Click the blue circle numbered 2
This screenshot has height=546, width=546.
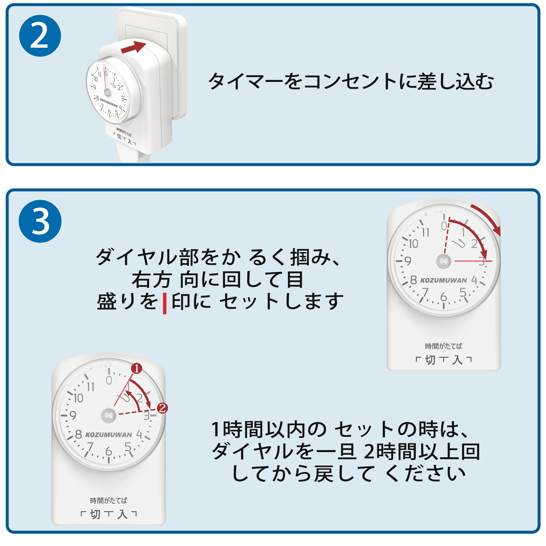[40, 36]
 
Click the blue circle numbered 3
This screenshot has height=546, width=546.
[40, 221]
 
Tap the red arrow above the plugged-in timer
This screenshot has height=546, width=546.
[133, 47]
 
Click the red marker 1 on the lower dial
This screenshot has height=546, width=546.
[137, 369]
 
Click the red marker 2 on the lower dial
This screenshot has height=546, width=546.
[162, 408]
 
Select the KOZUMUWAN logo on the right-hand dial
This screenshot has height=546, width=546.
[443, 281]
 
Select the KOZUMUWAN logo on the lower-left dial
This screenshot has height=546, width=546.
[109, 435]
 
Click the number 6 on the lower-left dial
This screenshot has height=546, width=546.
[109, 451]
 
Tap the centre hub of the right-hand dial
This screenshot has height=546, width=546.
[443, 261]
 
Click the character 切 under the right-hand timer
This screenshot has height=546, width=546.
[430, 360]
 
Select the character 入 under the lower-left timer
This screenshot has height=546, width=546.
[122, 514]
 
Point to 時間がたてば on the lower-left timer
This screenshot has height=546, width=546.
[109, 501]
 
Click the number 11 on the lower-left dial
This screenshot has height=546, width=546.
[90, 387]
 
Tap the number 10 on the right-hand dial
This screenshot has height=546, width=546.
[413, 244]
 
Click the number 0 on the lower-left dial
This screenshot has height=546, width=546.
[109, 381]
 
